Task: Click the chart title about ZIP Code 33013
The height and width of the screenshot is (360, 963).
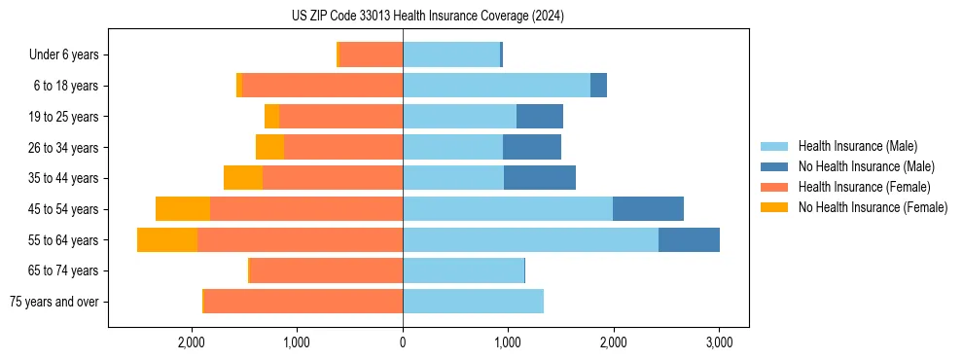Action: [x=427, y=17]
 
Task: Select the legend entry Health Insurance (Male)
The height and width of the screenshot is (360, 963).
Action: [x=857, y=146]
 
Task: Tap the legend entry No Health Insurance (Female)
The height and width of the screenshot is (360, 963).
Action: [x=873, y=207]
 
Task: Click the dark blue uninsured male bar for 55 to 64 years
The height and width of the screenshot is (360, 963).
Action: [x=689, y=240]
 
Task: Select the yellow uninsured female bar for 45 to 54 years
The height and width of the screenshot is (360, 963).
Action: [x=183, y=209]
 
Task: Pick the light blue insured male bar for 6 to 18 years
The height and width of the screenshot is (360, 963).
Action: [x=496, y=86]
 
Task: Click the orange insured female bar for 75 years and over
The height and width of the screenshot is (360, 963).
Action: [x=303, y=302]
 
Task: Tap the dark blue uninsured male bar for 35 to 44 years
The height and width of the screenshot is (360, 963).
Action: [x=540, y=178]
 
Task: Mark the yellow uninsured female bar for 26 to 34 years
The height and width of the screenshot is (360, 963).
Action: [x=269, y=148]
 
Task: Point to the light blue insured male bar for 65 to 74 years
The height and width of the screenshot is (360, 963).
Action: [x=463, y=270]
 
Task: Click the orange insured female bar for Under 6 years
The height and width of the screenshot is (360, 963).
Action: [x=371, y=55]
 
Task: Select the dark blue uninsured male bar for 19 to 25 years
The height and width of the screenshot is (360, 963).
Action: [x=540, y=117]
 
